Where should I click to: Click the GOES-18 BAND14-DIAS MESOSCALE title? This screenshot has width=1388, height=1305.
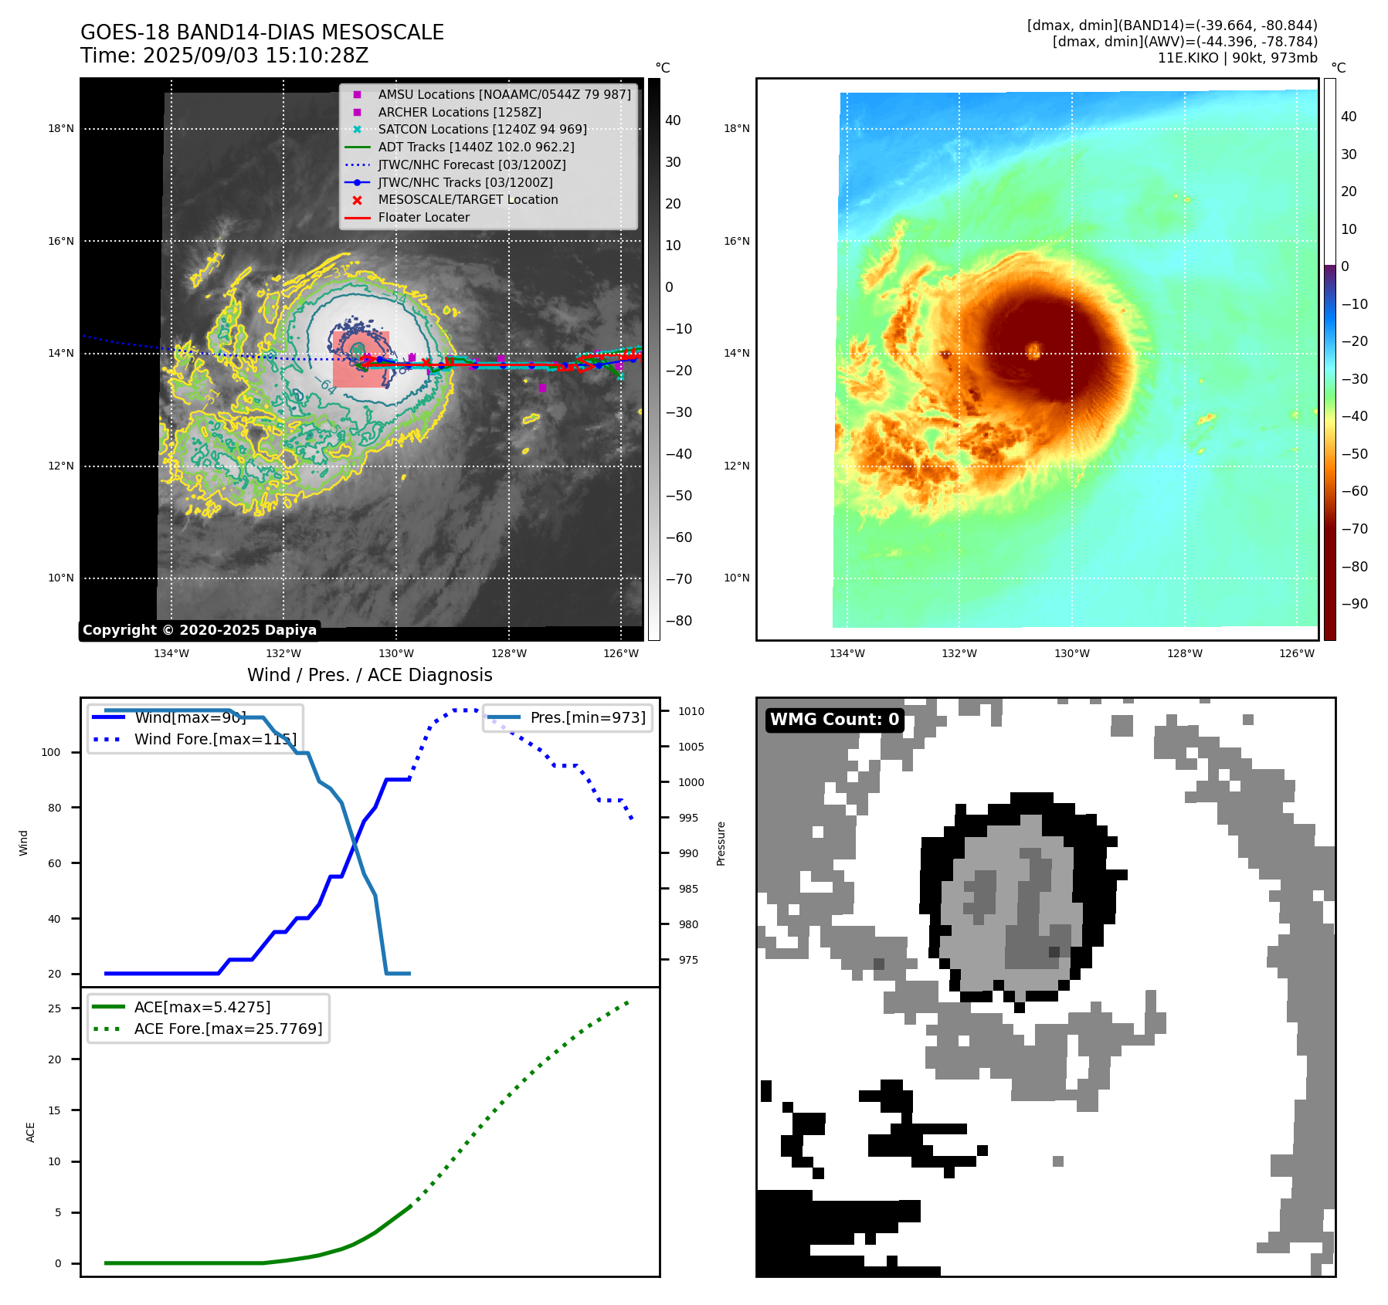coord(262,32)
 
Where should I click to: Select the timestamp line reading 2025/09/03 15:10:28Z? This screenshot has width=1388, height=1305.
coord(224,56)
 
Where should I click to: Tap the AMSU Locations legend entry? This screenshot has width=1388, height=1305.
coord(504,95)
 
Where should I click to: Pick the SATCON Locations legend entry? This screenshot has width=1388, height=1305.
coord(482,130)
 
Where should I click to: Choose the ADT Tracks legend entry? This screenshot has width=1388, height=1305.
coord(476,147)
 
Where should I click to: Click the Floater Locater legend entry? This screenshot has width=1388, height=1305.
coord(423,218)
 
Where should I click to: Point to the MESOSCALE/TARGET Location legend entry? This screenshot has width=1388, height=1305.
coord(467,200)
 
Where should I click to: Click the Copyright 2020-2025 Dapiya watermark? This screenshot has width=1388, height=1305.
coord(199,630)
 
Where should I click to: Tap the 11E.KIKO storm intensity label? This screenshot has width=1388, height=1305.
coord(1237,58)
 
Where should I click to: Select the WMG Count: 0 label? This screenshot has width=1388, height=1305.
coord(834,720)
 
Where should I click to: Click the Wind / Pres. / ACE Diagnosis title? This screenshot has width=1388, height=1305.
coord(369,676)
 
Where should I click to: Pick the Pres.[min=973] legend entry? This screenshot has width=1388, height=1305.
coord(587,718)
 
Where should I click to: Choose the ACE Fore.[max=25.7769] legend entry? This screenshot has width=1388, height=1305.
coord(228,1029)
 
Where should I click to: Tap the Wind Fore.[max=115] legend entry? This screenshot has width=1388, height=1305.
coord(215,740)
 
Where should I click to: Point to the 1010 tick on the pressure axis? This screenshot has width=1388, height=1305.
coord(691,711)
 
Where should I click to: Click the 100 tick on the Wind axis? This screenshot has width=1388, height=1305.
coord(50,753)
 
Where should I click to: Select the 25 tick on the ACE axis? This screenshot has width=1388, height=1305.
coord(54,1008)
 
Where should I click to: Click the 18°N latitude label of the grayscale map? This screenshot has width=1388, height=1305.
coord(61,129)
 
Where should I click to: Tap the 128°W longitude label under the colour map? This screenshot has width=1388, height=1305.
coord(1184,654)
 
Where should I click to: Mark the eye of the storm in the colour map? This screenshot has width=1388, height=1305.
coord(1034,352)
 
